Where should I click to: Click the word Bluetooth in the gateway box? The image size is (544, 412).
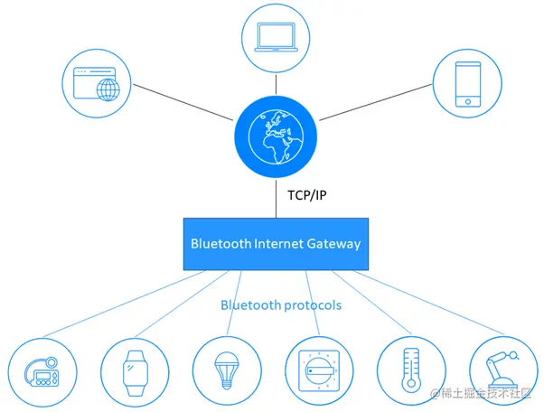point(219,244)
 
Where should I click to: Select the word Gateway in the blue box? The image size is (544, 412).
point(333,244)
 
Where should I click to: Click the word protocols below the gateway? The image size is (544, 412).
point(313,305)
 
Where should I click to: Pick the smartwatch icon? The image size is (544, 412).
point(136,370)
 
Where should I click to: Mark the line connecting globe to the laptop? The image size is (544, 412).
point(276,85)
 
